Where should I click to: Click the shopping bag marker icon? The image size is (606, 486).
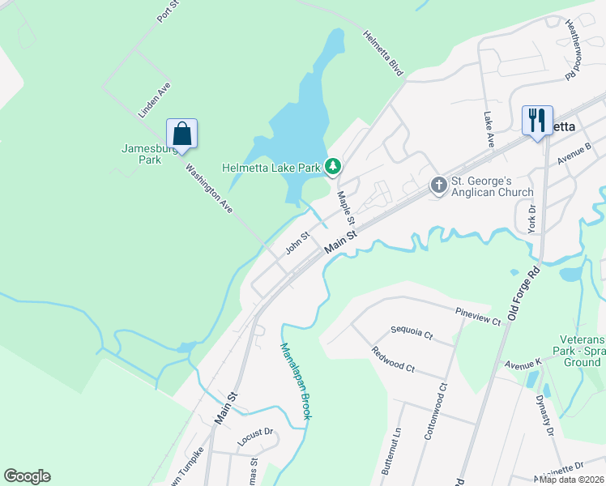coord(182,134)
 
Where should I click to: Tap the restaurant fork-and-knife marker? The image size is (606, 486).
coord(537,121)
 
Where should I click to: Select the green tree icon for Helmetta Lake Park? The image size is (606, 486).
coord(332,167)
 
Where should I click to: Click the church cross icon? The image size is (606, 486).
coord(438,185)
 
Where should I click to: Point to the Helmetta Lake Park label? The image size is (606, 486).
coord(271,168)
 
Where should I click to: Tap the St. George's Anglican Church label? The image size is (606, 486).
coord(492,186)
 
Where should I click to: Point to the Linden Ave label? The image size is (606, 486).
coord(154,100)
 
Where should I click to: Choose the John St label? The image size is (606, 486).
coord(297,243)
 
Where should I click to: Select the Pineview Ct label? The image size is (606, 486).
coord(478,317)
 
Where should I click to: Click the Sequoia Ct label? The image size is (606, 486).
coord(412,332)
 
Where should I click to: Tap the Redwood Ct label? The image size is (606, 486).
coord(393,359)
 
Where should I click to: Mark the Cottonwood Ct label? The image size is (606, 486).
coord(435,411)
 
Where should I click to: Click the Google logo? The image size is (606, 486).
coord(27,476)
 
